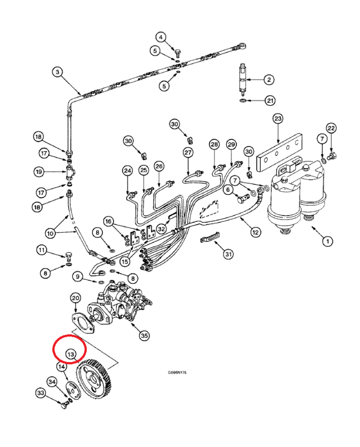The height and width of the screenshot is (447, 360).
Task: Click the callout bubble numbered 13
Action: point(70,354)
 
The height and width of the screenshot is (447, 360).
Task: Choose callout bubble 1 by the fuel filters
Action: point(326,240)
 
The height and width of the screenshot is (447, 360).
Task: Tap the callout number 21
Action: point(269,100)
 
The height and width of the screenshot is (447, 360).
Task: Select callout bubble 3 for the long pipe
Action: point(58,73)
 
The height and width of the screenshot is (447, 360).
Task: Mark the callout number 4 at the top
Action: point(161,37)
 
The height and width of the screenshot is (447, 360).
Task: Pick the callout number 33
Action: point(41,393)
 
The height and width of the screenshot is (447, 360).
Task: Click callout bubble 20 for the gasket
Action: point(75,298)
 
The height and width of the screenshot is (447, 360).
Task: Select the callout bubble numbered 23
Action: point(278,119)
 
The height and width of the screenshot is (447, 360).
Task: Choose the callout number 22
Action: point(331,128)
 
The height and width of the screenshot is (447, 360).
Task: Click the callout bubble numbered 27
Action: point(188,153)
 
